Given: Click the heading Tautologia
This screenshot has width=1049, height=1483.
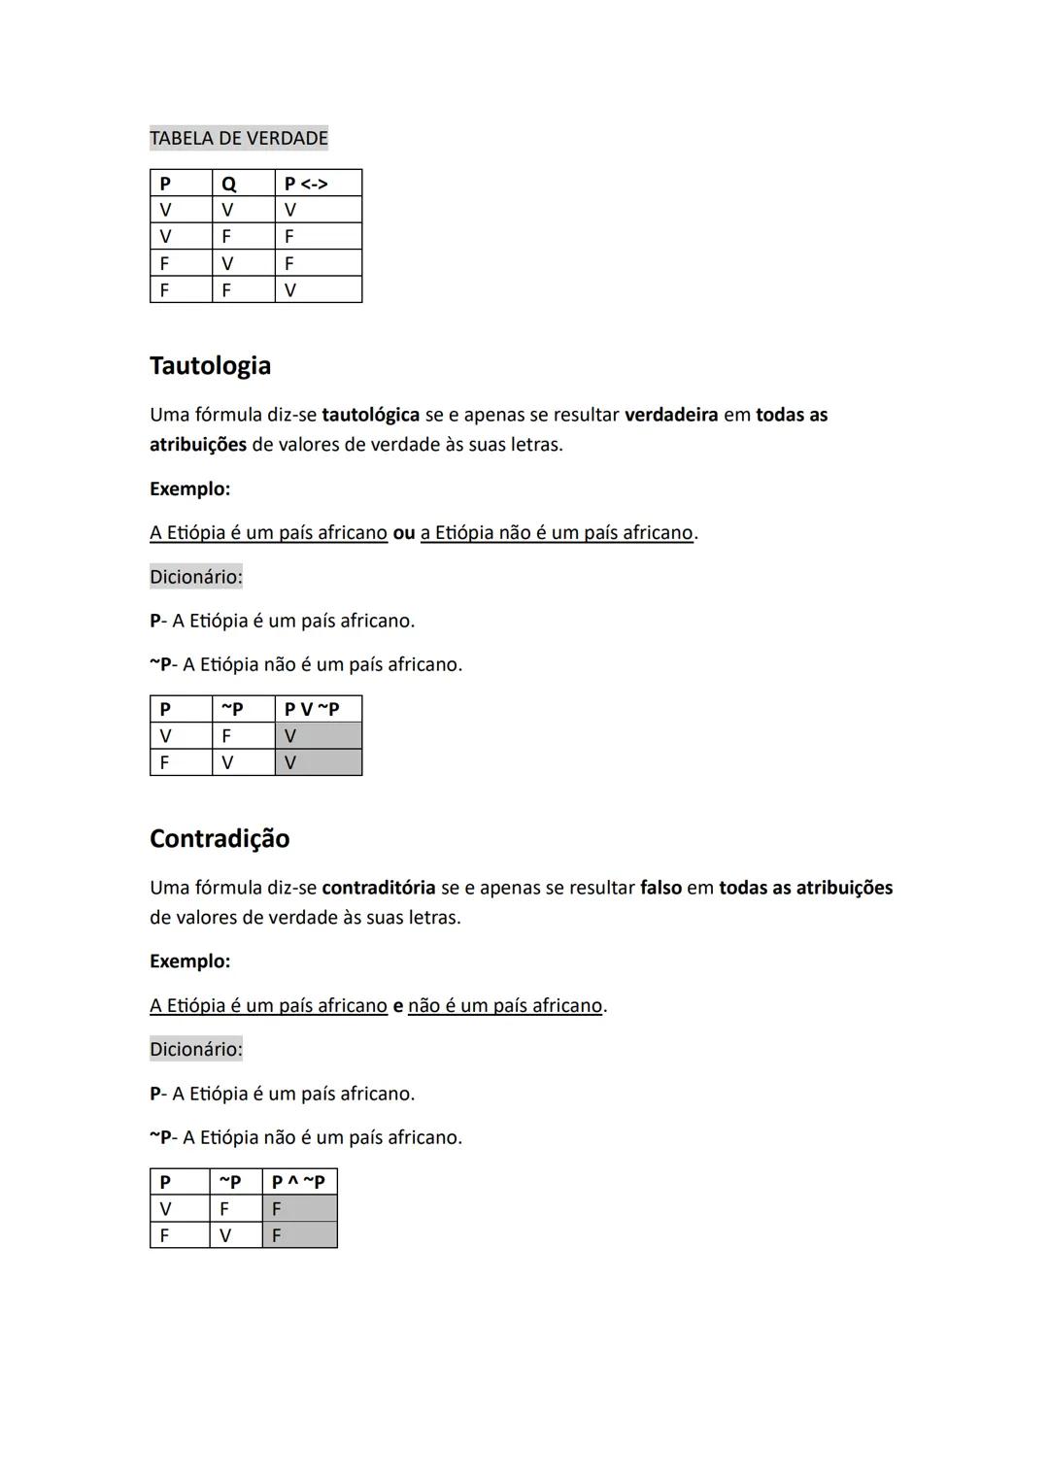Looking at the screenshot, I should (210, 366).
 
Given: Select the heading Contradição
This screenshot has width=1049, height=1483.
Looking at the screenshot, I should (220, 839).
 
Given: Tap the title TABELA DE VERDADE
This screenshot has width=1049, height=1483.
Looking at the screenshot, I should (239, 138).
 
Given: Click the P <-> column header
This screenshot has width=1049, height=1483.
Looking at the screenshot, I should (306, 184).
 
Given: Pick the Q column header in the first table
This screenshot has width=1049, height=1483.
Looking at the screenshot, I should (229, 184).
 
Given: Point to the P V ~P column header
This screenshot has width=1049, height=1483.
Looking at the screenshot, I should (312, 709).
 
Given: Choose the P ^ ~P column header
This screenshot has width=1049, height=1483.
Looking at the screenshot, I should (298, 1182).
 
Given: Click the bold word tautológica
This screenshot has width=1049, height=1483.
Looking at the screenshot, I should (370, 416).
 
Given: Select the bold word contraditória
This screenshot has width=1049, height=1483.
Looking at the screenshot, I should (378, 888).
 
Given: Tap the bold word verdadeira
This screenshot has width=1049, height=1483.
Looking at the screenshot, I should (671, 415).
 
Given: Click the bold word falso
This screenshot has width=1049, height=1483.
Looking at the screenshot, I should (660, 888).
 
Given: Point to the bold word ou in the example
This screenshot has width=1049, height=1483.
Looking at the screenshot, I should (403, 533).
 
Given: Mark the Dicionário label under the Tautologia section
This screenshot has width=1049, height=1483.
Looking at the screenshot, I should (196, 577).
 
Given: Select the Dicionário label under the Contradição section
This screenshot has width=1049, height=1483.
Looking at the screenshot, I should (196, 1049).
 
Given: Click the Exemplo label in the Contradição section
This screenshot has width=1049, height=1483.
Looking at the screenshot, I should (189, 961).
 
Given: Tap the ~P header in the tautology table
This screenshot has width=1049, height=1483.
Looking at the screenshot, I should (232, 709).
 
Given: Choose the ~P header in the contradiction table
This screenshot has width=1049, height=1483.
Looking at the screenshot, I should (229, 1182).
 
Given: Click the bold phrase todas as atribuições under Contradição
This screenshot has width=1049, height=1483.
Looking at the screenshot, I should (805, 888).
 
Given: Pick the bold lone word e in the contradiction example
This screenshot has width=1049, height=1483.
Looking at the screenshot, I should (397, 1006).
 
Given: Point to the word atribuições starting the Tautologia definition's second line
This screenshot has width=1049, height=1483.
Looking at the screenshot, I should (198, 445).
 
